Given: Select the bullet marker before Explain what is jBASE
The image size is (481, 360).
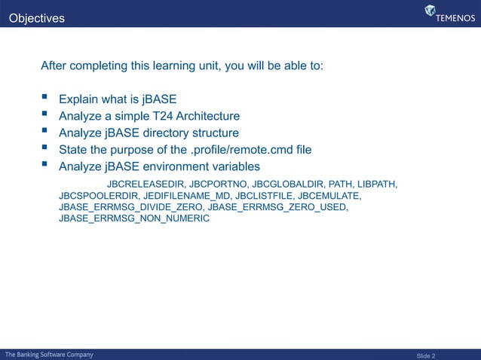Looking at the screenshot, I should pos(46,98).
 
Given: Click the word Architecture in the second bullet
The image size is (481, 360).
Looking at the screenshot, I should pos(206,116).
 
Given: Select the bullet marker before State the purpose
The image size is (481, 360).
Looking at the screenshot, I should pos(46,149).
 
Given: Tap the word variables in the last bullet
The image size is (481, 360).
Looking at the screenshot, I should pos(234,166).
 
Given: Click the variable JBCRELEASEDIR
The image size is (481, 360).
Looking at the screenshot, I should pos(146,184).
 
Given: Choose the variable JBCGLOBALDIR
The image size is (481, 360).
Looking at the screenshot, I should pos(288,184).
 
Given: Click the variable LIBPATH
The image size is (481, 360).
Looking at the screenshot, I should pos(377,184).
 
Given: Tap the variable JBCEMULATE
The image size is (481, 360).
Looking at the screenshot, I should pos(329,196).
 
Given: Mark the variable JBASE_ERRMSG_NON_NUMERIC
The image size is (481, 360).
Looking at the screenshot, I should pos(133,218).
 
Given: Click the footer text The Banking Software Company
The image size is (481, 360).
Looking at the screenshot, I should pos(50,354).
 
